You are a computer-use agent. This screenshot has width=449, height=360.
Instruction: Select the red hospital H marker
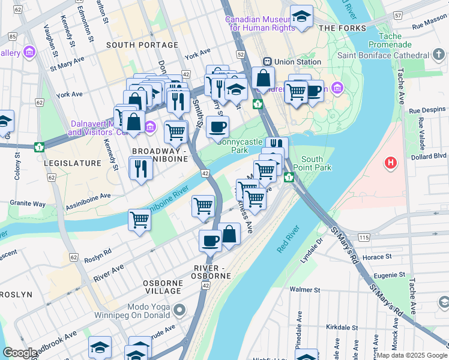click(391, 163)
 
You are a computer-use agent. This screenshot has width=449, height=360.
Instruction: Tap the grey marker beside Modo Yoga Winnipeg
click(179, 310)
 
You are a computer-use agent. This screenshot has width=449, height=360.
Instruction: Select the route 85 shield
click(13, 37)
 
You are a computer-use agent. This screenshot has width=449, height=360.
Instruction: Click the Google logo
click(20, 353)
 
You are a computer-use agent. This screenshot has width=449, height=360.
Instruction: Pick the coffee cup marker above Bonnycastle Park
click(217, 127)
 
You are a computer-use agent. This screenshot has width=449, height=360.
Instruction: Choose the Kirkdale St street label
click(336, 328)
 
